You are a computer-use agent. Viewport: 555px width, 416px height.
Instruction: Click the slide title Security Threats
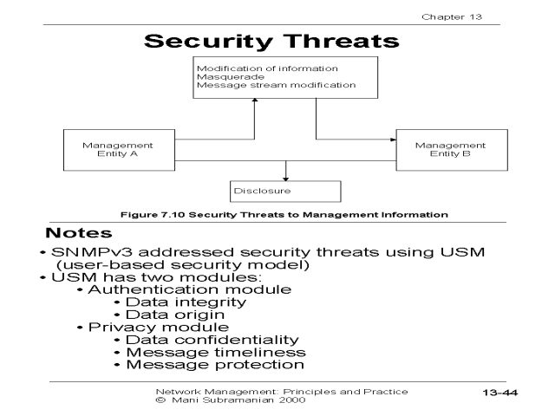coord(271,42)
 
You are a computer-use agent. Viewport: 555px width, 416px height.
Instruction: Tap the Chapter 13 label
coord(452,17)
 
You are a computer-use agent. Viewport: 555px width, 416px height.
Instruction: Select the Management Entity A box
coord(119,150)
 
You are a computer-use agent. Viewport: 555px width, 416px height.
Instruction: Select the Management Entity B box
coord(452,150)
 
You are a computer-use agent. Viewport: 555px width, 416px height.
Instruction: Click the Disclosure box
coord(285,192)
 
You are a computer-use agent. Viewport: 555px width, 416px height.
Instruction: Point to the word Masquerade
coord(231,77)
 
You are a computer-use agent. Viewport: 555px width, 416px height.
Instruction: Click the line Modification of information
coord(267,68)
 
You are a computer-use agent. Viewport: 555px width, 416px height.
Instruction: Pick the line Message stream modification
coord(276,85)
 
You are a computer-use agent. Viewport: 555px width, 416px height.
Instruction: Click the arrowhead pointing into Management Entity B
coord(393,140)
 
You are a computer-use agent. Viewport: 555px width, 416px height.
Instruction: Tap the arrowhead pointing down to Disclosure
coord(285,179)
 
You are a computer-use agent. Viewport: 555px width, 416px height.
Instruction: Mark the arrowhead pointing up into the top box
coord(254,101)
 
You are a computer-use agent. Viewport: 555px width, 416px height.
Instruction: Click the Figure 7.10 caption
coord(284,215)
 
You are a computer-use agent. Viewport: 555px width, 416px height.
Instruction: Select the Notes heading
coord(79,233)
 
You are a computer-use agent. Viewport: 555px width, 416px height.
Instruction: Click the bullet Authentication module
coord(190,289)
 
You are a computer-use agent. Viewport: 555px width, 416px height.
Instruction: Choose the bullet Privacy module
coord(159,328)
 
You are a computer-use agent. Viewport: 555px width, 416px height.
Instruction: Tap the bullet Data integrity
coord(186,302)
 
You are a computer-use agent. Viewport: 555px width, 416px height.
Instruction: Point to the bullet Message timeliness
coord(216,353)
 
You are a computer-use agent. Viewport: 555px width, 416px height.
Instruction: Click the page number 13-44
coord(499,393)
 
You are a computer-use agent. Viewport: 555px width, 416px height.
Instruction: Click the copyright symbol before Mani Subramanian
coord(160,400)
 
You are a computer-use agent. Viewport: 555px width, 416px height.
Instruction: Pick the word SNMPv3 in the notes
coord(92,252)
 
